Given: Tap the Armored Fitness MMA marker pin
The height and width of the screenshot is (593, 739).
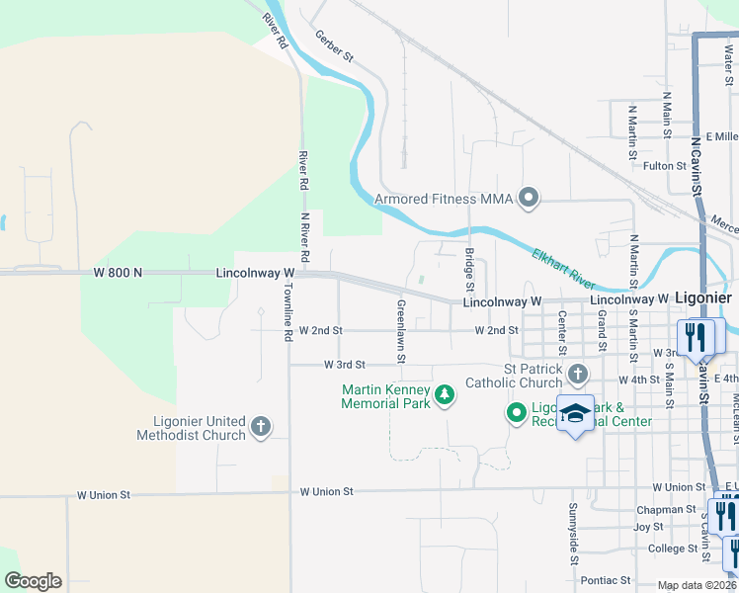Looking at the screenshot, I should point(529,199).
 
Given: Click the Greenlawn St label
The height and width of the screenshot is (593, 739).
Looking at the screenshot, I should point(401,330).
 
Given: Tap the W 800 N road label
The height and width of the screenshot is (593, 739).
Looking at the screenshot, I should point(119,272).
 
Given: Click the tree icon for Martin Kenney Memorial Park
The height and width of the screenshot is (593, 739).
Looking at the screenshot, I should point(445,395).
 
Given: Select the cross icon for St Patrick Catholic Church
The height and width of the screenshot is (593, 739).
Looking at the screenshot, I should point(578,374).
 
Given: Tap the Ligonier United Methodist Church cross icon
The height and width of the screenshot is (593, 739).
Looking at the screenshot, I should point(260,427).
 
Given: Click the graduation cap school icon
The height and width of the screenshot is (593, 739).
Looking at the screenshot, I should point(574,412).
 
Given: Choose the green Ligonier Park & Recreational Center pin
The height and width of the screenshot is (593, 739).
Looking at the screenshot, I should point(516,412).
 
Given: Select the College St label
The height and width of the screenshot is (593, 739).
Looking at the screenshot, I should point(673,549).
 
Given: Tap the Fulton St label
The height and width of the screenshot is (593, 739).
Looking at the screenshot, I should point(665,166).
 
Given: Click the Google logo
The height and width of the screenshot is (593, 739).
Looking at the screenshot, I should point(33,581).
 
